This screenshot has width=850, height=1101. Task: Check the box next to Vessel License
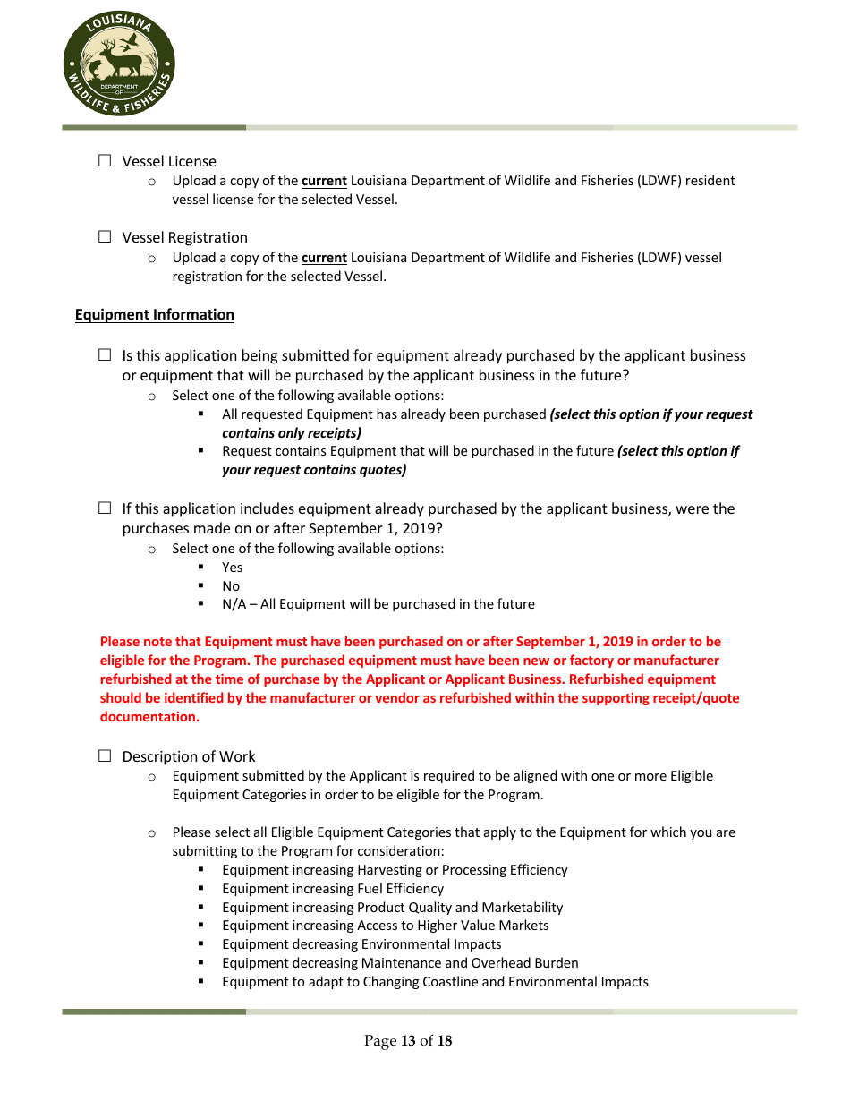click(x=105, y=161)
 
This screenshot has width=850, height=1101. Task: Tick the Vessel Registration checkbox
click(x=105, y=237)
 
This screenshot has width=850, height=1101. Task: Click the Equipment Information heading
click(x=155, y=314)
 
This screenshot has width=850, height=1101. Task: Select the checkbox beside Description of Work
click(x=105, y=756)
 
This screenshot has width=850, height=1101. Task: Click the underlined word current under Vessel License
click(x=324, y=181)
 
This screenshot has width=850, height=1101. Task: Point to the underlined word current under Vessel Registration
click(x=324, y=258)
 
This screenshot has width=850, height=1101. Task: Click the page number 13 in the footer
click(x=408, y=1040)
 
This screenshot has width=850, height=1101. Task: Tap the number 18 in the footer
click(x=444, y=1040)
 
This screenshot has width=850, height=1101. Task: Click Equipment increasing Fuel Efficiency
click(x=333, y=889)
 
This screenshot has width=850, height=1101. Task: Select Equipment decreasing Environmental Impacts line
click(x=361, y=944)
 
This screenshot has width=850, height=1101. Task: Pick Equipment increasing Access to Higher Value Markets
click(x=385, y=926)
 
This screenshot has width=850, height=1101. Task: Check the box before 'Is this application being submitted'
click(x=105, y=355)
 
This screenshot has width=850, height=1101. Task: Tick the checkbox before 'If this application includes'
click(x=105, y=508)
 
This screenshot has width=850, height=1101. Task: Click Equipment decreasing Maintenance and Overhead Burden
click(x=400, y=963)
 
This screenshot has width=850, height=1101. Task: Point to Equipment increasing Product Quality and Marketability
click(x=392, y=908)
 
